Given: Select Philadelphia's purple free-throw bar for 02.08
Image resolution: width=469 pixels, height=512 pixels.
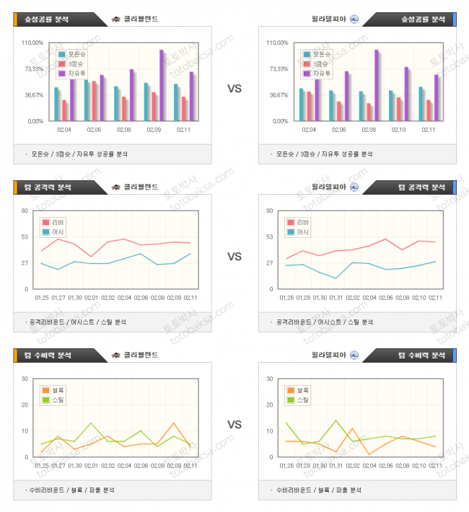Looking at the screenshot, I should tap(376, 85).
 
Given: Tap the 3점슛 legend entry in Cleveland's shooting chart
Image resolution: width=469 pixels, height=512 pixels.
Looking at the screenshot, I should tap(72, 64).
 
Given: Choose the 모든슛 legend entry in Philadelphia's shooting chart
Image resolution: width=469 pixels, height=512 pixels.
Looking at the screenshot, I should tap(317, 54).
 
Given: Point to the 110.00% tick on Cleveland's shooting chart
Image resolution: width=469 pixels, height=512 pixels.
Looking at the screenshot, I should tap(32, 43).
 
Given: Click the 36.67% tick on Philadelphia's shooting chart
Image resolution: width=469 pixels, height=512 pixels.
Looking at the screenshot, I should tap(277, 94).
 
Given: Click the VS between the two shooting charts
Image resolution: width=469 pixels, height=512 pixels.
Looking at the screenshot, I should tap(234, 89).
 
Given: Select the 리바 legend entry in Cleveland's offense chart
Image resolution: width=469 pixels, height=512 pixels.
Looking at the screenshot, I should tap(54, 222).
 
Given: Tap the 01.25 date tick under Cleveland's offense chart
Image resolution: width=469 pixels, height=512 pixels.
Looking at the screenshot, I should tap(42, 296).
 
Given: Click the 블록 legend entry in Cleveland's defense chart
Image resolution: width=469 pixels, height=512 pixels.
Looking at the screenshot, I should tap(54, 390).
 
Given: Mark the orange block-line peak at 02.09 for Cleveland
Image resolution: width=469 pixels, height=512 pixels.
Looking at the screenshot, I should tap(174, 423).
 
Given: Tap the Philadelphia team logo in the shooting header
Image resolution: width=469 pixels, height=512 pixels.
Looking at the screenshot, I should tap(354, 19).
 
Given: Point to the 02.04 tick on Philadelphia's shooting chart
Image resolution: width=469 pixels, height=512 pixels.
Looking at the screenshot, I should tap(308, 130).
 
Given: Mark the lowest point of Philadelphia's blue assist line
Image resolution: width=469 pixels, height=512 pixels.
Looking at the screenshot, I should tap(336, 278).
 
